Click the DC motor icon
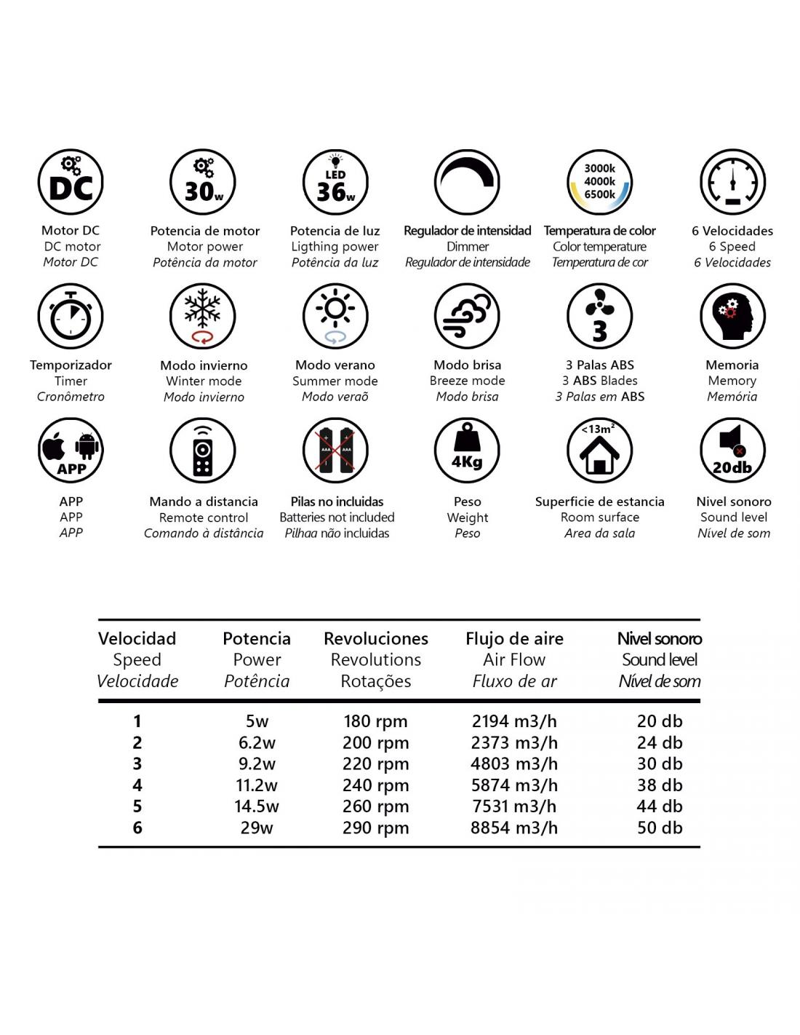tap(71, 183)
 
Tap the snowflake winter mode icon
tap(203, 317)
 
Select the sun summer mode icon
tap(335, 317)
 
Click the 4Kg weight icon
tap(467, 451)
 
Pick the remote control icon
tap(203, 451)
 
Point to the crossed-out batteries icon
tap(335, 451)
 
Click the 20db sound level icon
tap(732, 451)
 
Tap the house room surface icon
tap(599, 451)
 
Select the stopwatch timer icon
tap(71, 317)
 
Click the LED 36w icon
tap(335, 183)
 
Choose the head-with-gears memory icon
tap(732, 317)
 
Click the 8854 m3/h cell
tap(514, 828)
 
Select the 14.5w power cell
tap(257, 806)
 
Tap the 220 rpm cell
tap(375, 764)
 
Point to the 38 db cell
tap(660, 785)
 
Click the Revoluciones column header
tap(376, 639)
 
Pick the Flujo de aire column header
tap(514, 639)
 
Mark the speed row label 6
tap(137, 828)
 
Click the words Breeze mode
tap(467, 381)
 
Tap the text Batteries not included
tap(337, 517)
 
